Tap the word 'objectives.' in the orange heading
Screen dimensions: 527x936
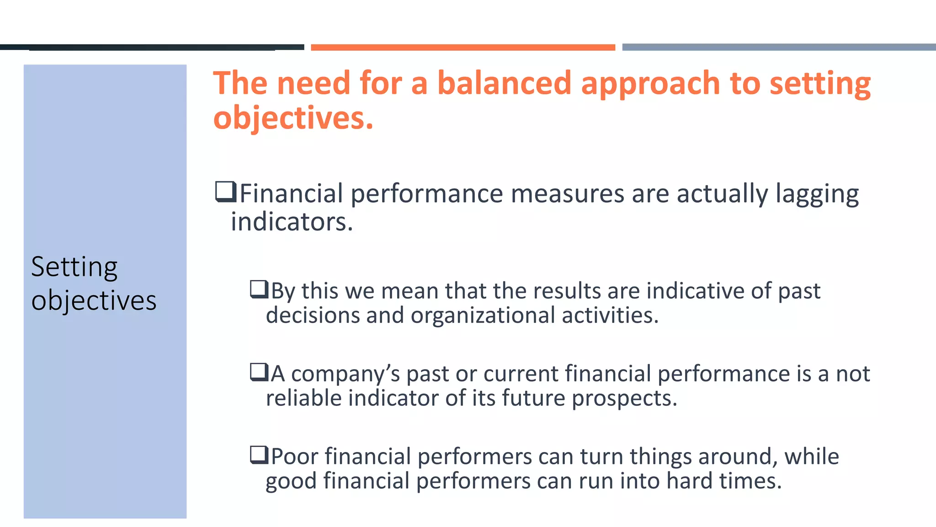click(293, 118)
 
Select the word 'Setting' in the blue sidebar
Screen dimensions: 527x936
click(74, 267)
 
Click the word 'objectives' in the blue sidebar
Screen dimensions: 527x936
click(94, 301)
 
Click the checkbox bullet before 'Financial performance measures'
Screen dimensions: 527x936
click(226, 192)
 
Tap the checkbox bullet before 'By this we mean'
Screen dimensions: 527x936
click(259, 290)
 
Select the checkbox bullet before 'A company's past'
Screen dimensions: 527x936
click(259, 372)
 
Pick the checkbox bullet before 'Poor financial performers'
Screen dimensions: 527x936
click(259, 455)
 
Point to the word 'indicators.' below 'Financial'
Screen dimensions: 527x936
click(292, 222)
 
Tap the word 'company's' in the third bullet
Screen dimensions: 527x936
click(345, 374)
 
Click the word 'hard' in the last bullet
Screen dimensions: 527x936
click(689, 481)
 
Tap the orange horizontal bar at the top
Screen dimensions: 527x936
click(463, 47)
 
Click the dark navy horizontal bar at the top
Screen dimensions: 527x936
click(152, 47)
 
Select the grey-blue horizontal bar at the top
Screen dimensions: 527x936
click(779, 47)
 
